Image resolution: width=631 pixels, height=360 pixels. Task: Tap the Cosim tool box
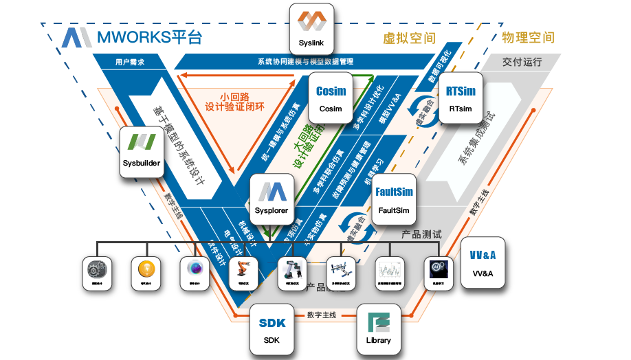click(x=331, y=98)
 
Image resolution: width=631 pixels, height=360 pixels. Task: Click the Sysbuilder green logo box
click(x=143, y=150)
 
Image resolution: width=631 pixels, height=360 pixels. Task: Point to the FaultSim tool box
click(x=394, y=199)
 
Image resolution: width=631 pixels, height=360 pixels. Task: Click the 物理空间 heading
click(x=528, y=37)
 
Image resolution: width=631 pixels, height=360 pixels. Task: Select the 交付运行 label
click(x=522, y=62)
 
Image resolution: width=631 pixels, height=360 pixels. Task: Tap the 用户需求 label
click(x=130, y=62)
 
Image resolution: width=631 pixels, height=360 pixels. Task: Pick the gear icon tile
click(x=97, y=271)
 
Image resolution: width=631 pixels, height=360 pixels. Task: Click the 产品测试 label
click(x=421, y=235)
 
